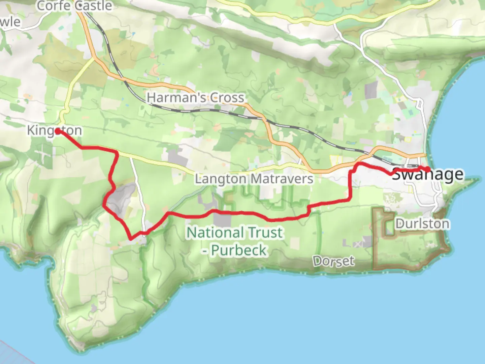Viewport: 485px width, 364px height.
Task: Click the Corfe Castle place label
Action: click(74, 6)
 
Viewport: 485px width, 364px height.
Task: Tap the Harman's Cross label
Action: click(195, 98)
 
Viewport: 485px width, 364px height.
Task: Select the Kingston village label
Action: click(55, 130)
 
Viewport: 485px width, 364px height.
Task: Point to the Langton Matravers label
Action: click(254, 179)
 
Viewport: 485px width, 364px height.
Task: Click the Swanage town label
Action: click(428, 174)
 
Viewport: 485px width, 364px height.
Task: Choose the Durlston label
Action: click(422, 224)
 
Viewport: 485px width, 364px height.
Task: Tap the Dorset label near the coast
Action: click(333, 261)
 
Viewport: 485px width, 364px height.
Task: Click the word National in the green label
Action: click(215, 233)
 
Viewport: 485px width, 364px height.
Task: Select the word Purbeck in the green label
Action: click(239, 250)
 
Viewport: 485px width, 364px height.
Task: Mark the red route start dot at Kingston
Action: click(58, 131)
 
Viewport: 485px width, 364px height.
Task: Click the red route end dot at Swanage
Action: click(427, 169)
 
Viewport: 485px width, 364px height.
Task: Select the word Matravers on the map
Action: click(284, 179)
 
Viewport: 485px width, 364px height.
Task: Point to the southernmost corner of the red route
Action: click(131, 239)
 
